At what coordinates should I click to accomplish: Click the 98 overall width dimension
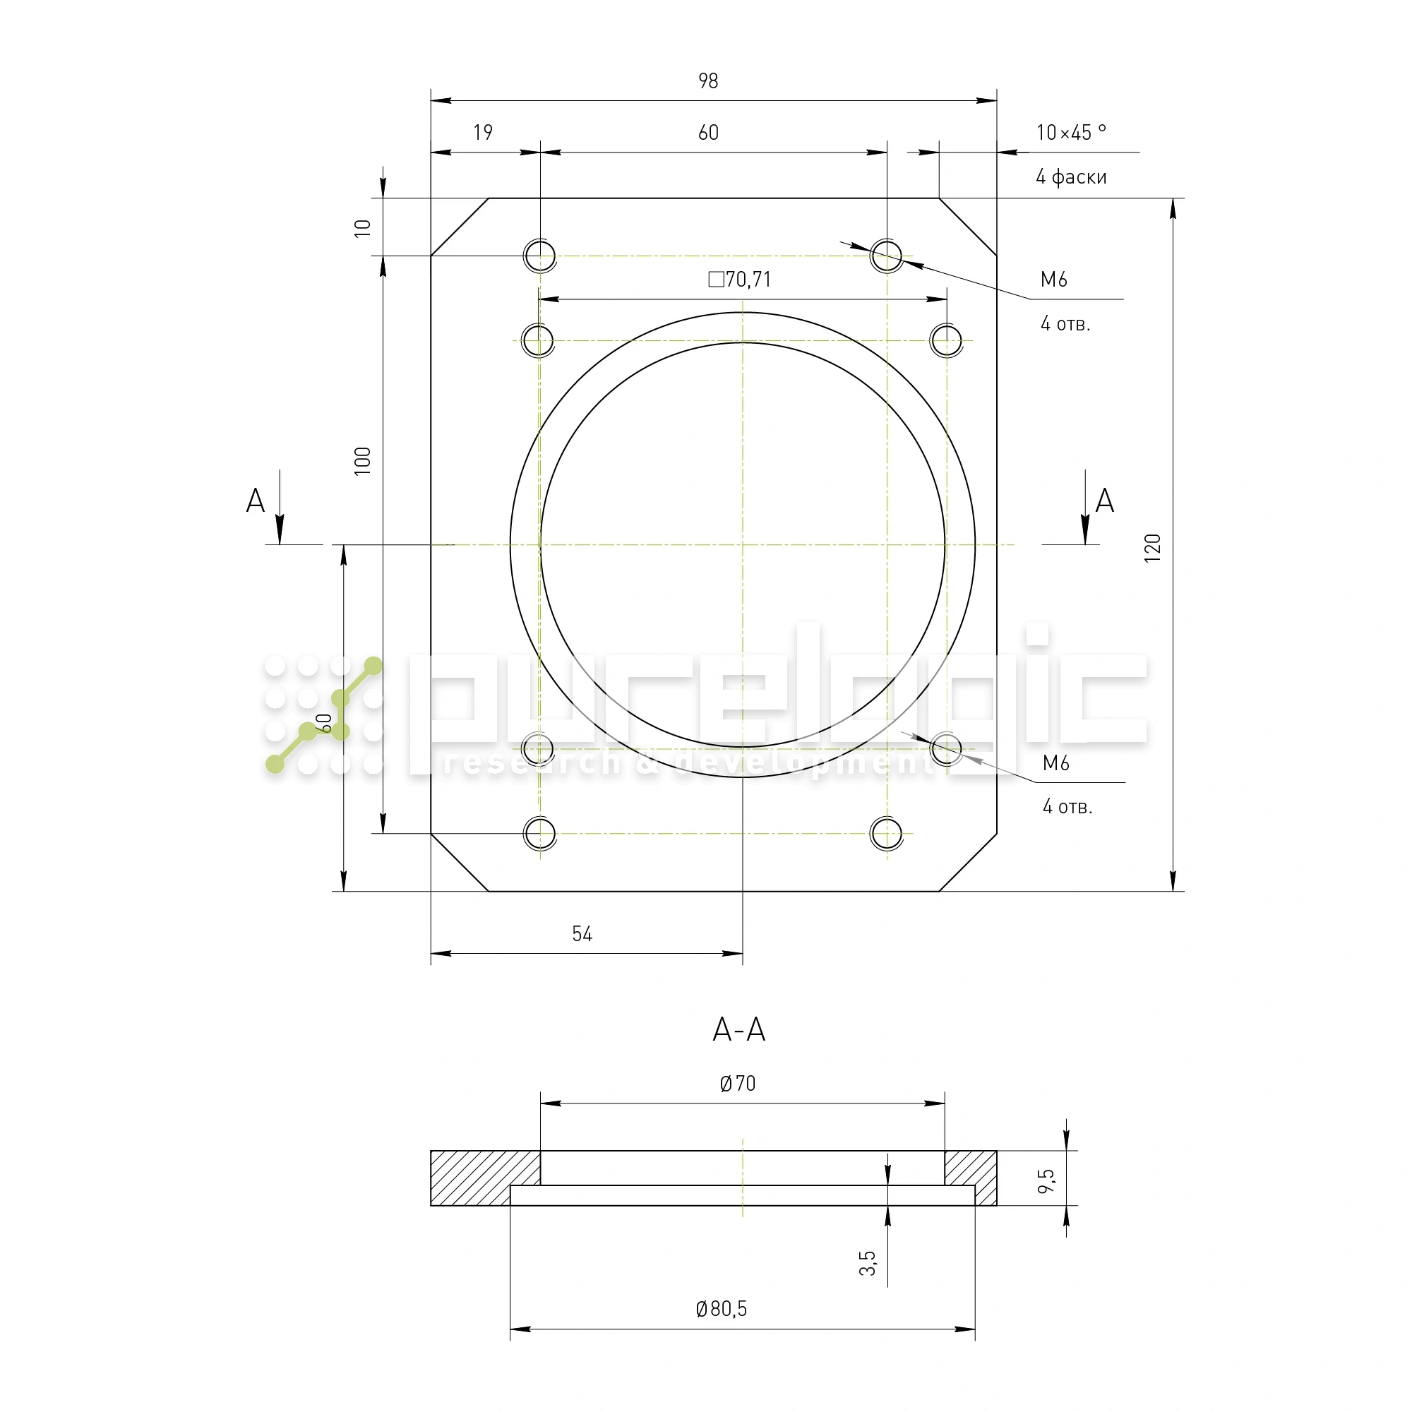click(707, 81)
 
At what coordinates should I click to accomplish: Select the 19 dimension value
click(483, 132)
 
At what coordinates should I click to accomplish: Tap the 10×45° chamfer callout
click(1071, 132)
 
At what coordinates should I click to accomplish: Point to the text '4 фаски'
click(1071, 177)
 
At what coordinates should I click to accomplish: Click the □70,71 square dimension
click(740, 279)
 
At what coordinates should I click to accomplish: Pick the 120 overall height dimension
click(1153, 548)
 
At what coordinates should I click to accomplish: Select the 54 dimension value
click(582, 934)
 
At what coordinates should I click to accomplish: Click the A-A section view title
click(739, 1030)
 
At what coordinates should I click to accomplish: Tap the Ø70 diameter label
click(738, 1083)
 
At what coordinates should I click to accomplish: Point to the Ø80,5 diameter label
click(722, 1308)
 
